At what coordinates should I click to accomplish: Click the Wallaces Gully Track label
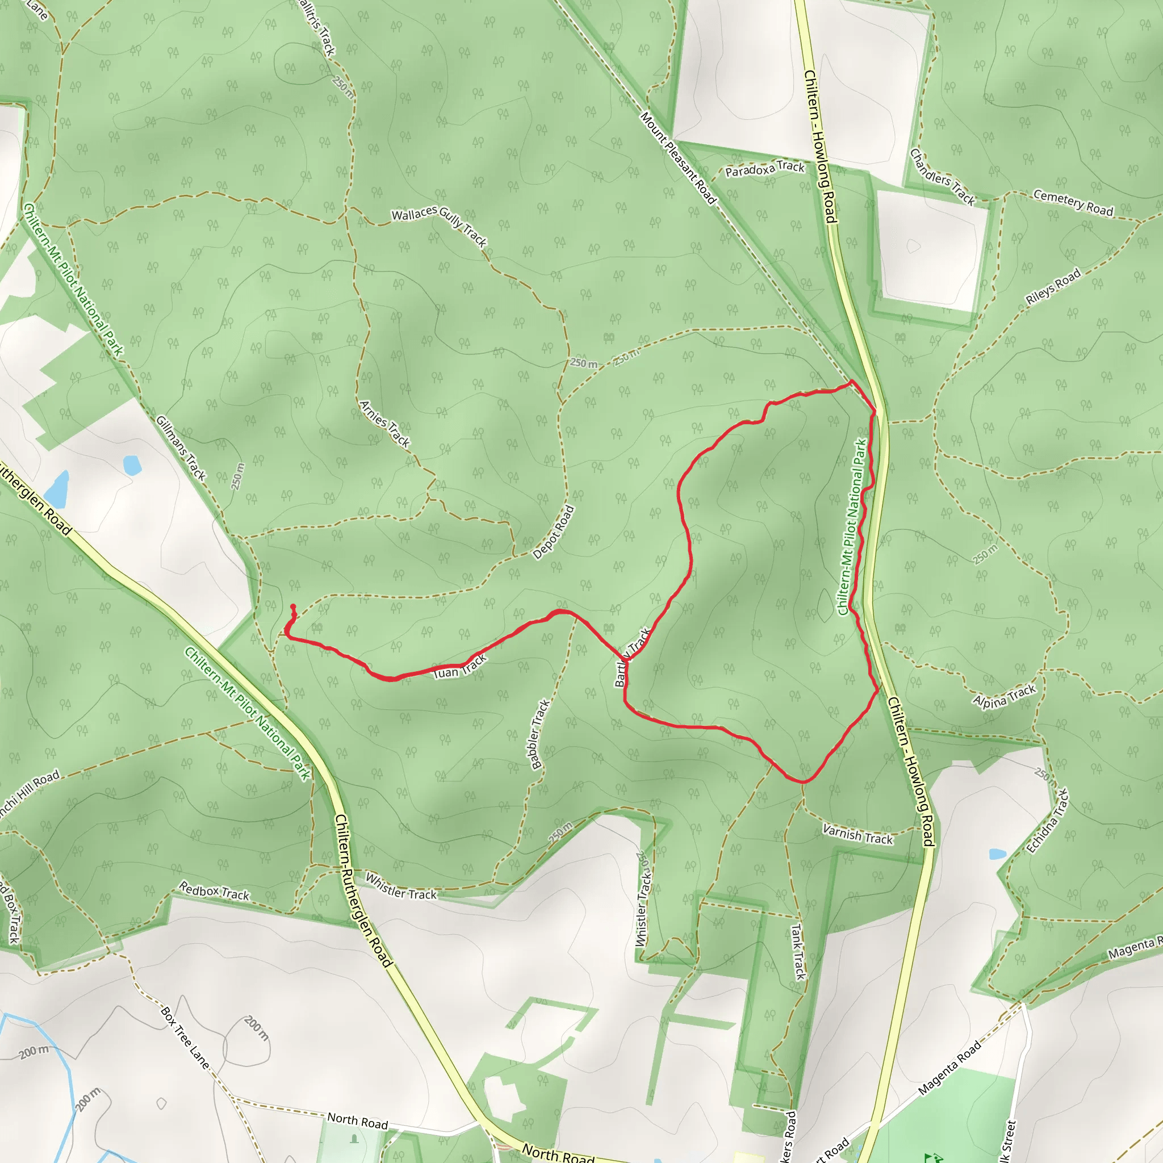439,225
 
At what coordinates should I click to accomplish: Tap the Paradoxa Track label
764,169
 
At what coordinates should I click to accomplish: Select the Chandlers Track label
942,177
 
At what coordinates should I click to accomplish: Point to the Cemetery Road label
1073,202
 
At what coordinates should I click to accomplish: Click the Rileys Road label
1053,287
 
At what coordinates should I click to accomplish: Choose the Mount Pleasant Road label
678,158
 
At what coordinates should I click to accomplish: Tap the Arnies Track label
384,424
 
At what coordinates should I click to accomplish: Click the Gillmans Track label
181,448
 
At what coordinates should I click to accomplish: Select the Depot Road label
554,532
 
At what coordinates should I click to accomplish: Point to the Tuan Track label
460,668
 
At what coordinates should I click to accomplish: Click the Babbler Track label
540,734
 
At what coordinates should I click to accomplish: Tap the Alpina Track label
1004,696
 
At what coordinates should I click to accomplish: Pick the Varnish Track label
858,835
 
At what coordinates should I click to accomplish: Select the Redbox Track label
214,891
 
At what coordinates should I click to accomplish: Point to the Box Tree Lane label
185,1037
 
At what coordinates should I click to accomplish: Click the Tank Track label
798,952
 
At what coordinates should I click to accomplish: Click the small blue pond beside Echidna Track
997,854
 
